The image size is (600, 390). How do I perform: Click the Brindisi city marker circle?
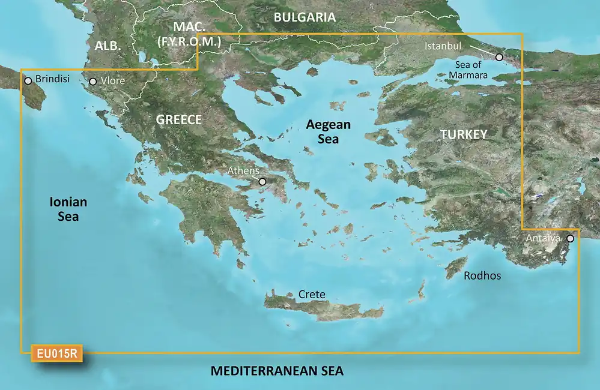[28, 80]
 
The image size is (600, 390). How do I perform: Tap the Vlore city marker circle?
[93, 82]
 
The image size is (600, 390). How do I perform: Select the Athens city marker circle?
[262, 181]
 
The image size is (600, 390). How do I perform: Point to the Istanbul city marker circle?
[499, 57]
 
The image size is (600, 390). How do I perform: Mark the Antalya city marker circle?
[570, 239]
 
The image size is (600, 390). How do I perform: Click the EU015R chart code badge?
[56, 353]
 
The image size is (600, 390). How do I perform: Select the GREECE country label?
[178, 119]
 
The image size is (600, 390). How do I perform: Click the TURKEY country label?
[464, 134]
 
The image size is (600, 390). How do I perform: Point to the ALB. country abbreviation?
[108, 46]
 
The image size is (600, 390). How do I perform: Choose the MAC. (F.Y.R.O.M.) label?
[189, 35]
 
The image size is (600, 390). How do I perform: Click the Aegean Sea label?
[327, 131]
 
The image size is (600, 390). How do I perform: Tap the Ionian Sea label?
[68, 209]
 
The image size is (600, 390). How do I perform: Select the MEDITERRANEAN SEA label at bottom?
[277, 371]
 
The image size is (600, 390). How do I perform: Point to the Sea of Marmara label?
[468, 70]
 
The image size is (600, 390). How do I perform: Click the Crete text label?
[312, 294]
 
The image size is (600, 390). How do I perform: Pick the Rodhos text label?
[482, 276]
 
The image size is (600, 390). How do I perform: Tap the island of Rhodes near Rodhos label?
[456, 268]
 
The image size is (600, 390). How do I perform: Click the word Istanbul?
[443, 46]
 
